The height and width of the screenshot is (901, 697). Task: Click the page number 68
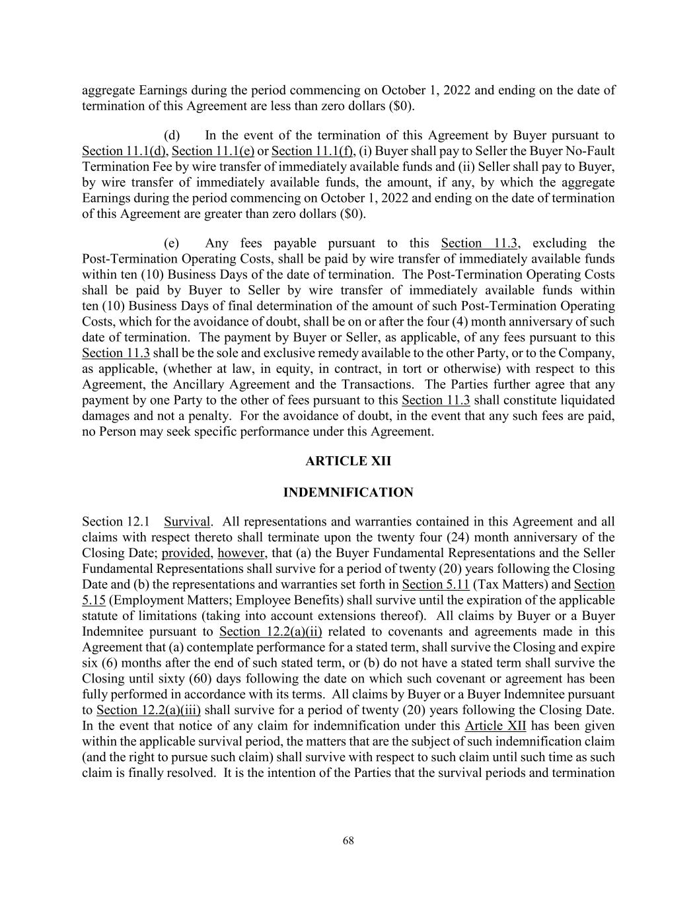coord(348,840)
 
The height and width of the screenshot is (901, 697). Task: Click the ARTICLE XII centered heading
coord(348,461)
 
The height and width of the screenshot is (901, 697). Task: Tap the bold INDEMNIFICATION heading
coord(348,492)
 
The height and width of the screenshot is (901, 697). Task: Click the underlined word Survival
coord(186,521)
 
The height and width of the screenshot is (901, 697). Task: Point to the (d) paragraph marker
coord(172,135)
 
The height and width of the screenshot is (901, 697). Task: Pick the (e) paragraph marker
coord(172,244)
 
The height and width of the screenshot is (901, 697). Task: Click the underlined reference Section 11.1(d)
coord(124,151)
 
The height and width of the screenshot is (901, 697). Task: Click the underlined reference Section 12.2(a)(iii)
coord(149,710)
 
